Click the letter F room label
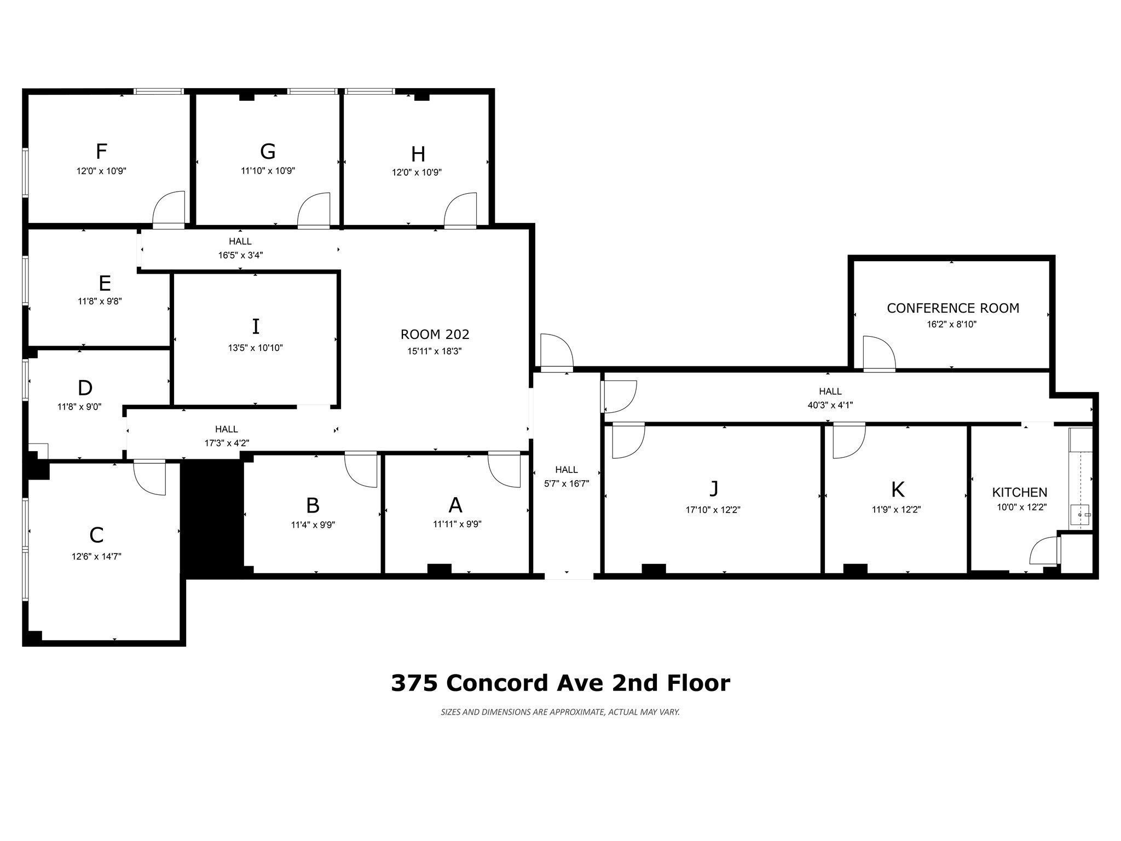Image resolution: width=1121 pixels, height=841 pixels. click(x=101, y=151)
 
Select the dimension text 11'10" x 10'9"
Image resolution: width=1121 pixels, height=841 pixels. click(x=268, y=171)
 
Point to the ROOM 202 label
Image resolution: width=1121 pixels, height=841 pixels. click(x=435, y=335)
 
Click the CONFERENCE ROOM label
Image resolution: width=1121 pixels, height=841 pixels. click(x=952, y=308)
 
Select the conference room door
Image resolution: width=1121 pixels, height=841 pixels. click(x=879, y=353)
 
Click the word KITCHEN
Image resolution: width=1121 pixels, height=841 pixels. click(x=1019, y=492)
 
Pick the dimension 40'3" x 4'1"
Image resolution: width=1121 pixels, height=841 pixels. click(x=830, y=405)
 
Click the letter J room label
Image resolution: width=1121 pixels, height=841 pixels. click(x=713, y=488)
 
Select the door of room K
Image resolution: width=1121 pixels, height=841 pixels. click(x=848, y=441)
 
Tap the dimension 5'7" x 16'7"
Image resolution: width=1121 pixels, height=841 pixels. click(x=566, y=483)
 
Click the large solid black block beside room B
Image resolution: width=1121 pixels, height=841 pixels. click(x=212, y=517)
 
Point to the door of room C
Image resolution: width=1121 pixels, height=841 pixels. click(x=149, y=478)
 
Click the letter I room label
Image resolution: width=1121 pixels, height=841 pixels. click(x=255, y=326)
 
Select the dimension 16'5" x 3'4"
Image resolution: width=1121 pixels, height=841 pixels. click(x=240, y=255)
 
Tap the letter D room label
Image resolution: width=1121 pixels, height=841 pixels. click(x=85, y=388)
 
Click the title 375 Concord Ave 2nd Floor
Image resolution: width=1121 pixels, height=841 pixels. click(x=560, y=683)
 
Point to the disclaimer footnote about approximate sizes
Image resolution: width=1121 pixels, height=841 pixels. click(x=560, y=712)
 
